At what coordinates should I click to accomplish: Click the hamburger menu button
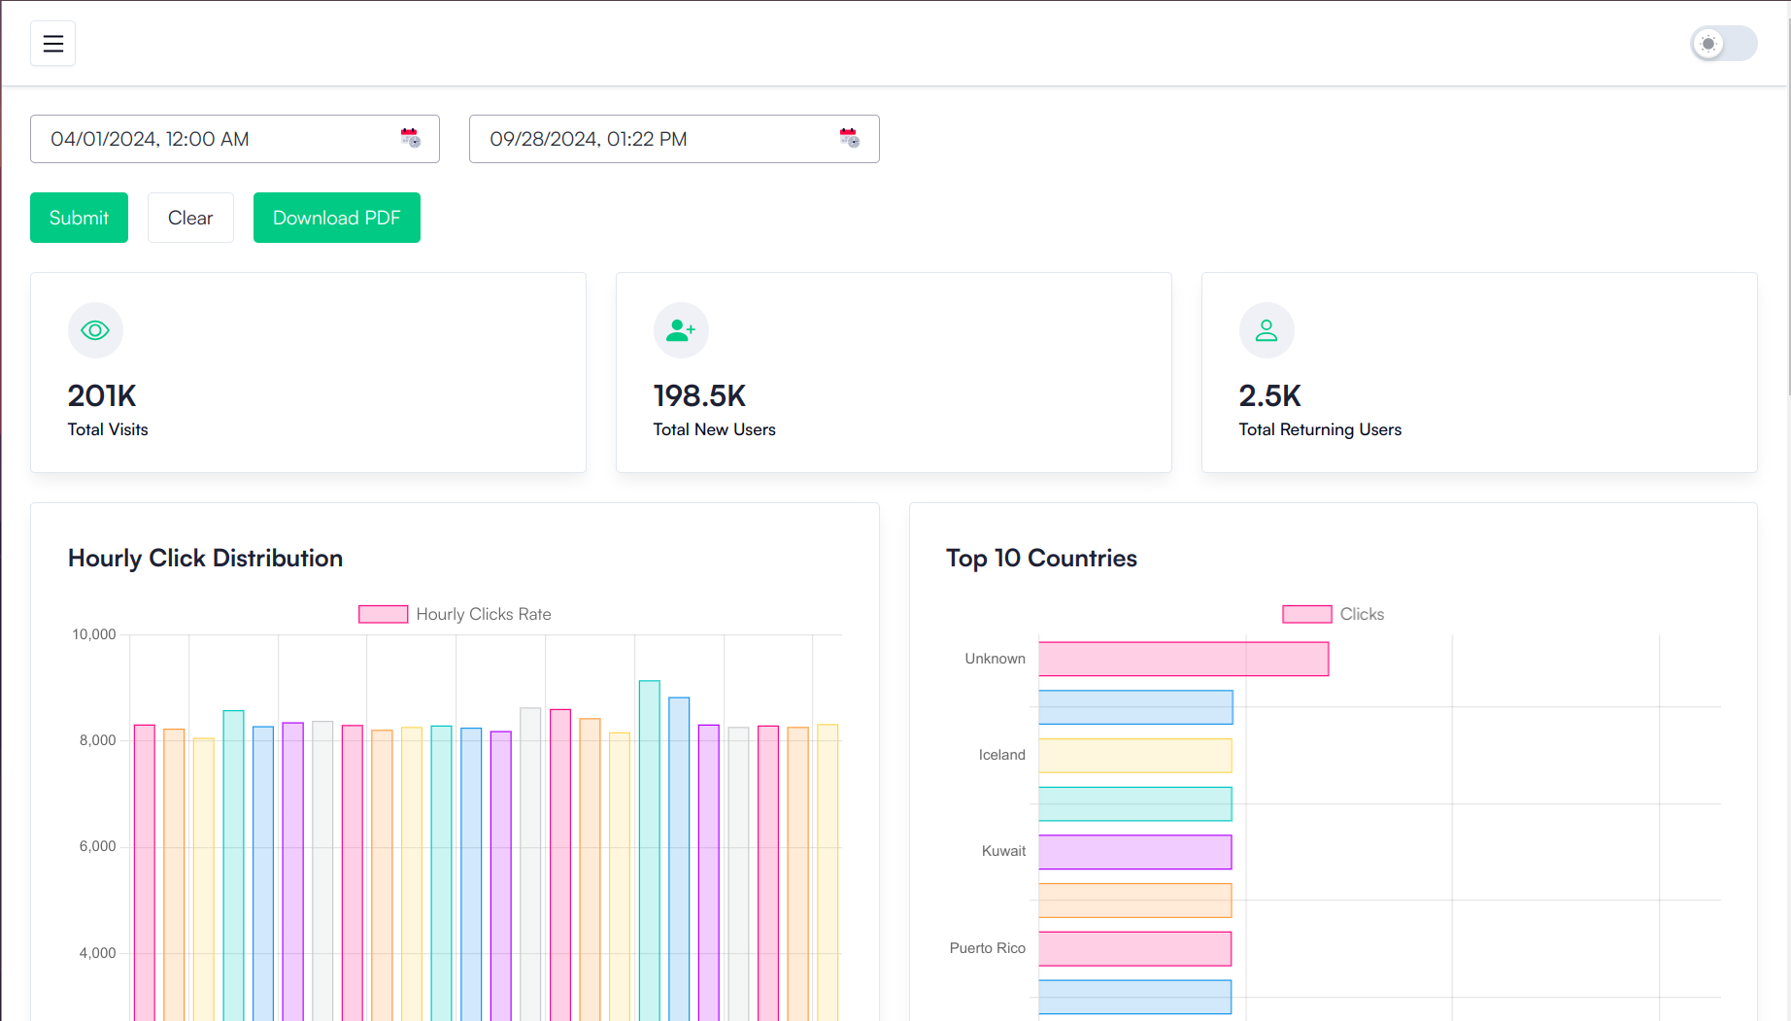(x=52, y=44)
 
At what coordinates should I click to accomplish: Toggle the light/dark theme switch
(x=1723, y=44)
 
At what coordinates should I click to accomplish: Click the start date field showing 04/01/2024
(x=214, y=139)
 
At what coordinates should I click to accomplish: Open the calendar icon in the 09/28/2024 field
(x=849, y=138)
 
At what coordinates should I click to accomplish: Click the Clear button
(x=190, y=218)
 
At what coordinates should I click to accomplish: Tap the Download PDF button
(x=336, y=218)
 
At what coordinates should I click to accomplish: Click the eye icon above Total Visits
(x=95, y=330)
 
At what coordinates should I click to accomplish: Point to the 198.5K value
(x=699, y=395)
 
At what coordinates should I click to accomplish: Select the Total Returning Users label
(x=1320, y=429)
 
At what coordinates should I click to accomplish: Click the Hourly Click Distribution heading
(x=205, y=558)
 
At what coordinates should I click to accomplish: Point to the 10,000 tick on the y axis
(x=94, y=634)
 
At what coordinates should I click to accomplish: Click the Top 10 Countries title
(x=1041, y=558)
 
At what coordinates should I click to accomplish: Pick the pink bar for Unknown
(x=1183, y=659)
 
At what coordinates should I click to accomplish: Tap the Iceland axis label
(x=1001, y=755)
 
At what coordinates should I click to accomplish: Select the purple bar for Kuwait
(x=1134, y=852)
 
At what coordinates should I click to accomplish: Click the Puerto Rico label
(x=987, y=948)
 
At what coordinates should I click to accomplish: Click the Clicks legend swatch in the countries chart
(x=1306, y=614)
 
